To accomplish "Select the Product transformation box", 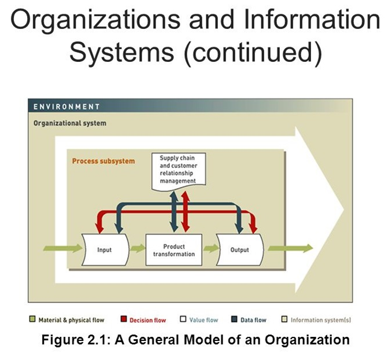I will click(174, 250).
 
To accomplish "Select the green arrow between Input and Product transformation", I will click(137, 249).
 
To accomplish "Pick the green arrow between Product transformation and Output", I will click(209, 249).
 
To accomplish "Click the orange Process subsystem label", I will click(103, 161).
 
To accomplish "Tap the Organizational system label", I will click(70, 123).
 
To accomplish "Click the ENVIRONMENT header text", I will click(66, 106).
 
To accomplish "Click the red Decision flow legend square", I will click(123, 319).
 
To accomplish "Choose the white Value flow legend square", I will click(183, 319).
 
